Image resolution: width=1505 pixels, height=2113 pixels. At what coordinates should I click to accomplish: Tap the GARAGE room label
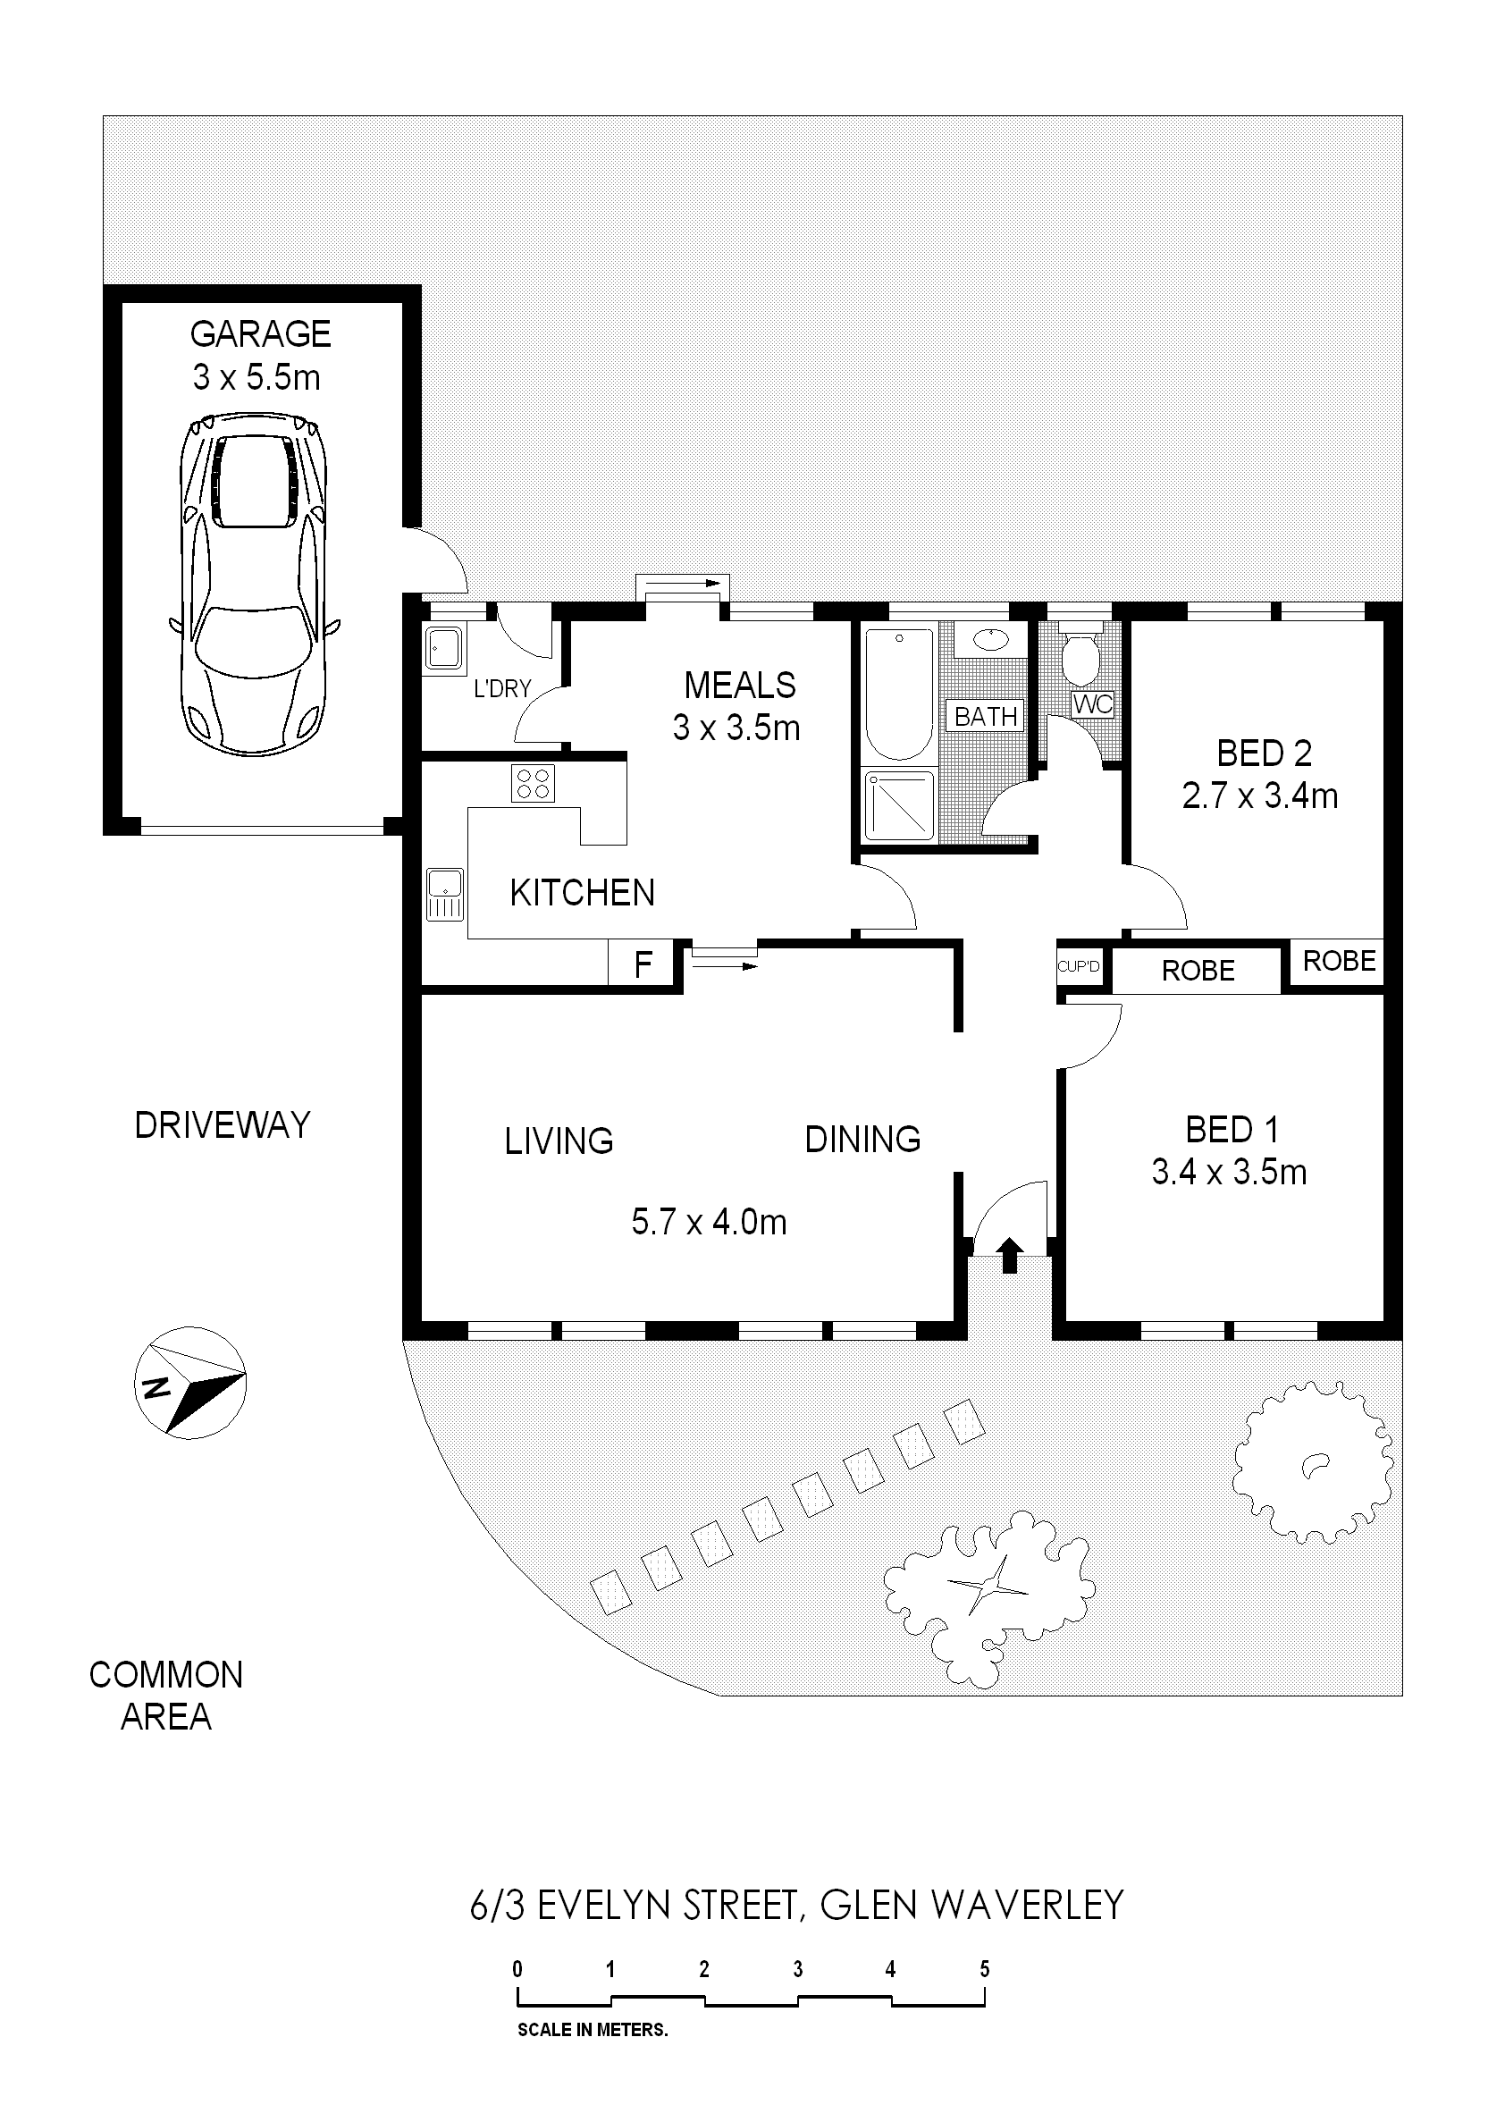click(x=260, y=334)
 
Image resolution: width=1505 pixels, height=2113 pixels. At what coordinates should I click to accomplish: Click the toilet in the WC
click(x=1080, y=653)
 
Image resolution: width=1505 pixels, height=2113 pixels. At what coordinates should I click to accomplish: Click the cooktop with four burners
click(x=533, y=783)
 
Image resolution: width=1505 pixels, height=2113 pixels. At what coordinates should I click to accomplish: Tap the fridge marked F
click(x=643, y=964)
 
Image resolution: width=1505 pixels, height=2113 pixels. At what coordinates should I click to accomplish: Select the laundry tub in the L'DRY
click(x=445, y=648)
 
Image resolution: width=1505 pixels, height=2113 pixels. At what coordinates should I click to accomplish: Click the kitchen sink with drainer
click(x=445, y=895)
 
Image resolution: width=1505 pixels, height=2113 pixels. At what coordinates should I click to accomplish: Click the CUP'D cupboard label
click(x=1080, y=967)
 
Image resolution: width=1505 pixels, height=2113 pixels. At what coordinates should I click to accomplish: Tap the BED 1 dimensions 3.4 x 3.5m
click(x=1229, y=1174)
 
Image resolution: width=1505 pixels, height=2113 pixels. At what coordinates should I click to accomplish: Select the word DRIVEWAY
click(x=223, y=1126)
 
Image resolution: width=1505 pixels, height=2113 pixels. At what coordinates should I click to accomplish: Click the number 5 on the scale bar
click(x=984, y=1969)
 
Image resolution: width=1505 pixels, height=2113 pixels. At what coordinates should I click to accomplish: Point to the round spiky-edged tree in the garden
click(x=1313, y=1461)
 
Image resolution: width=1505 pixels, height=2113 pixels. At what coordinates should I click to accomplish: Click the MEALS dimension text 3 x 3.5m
click(x=736, y=729)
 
